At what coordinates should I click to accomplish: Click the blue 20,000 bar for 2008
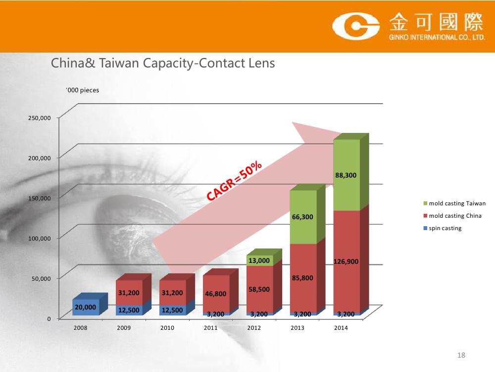tap(86, 307)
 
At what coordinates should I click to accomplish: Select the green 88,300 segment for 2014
tap(346, 175)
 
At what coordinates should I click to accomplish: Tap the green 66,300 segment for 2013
tap(303, 217)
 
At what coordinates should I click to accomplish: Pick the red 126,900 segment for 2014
tap(346, 261)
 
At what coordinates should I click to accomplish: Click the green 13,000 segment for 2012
tap(259, 260)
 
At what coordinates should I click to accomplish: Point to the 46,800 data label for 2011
tap(216, 294)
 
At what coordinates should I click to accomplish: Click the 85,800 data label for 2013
tap(302, 278)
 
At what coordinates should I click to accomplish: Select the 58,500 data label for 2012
tap(259, 290)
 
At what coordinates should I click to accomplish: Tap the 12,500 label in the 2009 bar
tap(129, 310)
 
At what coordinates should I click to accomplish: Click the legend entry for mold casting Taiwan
tap(454, 203)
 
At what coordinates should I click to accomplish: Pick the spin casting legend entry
tap(442, 228)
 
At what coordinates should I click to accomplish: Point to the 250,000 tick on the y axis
tap(40, 118)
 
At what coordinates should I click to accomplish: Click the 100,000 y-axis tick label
tap(40, 239)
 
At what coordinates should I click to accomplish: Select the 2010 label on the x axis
tap(167, 328)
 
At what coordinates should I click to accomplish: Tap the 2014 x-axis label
tap(341, 328)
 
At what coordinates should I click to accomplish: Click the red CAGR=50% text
tap(234, 181)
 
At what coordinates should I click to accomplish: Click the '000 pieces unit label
tap(82, 90)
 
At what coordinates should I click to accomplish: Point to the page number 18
tap(461, 355)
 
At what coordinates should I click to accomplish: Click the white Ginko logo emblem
tap(356, 26)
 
